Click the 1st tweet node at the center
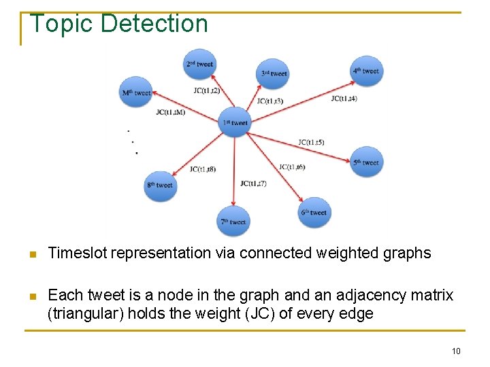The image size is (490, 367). [235, 122]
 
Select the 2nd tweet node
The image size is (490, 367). [200, 64]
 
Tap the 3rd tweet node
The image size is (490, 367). [274, 73]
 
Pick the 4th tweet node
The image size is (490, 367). [367, 71]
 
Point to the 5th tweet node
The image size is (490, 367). [367, 162]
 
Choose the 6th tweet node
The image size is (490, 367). [314, 212]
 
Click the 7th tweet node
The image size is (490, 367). [233, 222]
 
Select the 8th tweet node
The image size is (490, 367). [161, 185]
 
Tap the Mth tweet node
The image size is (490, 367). [136, 92]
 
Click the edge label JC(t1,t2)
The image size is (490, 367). [206, 90]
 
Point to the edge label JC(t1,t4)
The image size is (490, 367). [344, 99]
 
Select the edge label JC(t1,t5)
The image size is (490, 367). [311, 143]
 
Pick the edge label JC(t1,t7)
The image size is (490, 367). [253, 183]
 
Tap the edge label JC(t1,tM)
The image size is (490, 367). [170, 112]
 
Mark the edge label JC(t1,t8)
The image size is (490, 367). [203, 169]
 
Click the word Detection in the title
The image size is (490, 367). [154, 24]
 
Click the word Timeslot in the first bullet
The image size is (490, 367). [78, 254]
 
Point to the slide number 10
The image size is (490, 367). [456, 351]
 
